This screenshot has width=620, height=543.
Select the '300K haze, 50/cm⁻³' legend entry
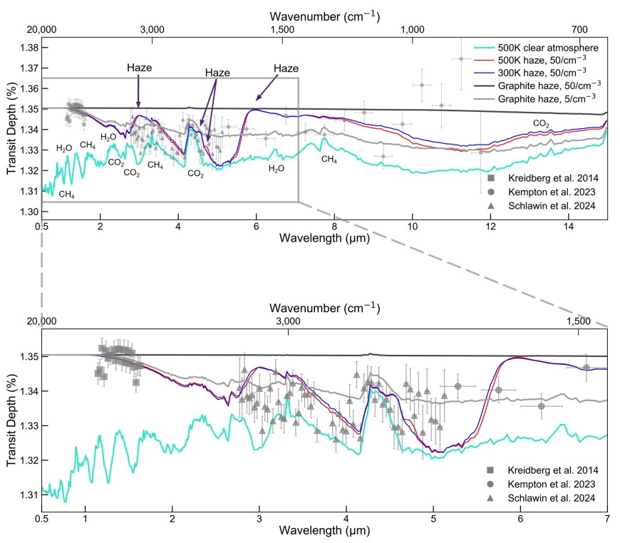click(x=543, y=72)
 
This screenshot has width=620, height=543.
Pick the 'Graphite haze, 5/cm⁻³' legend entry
click(x=547, y=98)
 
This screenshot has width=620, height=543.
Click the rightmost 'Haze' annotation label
click(x=286, y=68)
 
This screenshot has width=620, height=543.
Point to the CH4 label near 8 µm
click(x=329, y=160)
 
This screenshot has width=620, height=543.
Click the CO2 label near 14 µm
click(x=541, y=123)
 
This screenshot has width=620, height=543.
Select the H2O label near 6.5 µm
click(x=277, y=169)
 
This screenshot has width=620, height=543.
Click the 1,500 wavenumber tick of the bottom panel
click(x=577, y=321)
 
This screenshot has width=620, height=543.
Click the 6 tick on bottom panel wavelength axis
click(x=520, y=519)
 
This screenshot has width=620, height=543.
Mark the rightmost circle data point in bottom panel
click(x=586, y=367)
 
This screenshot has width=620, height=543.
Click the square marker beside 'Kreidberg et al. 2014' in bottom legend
click(x=490, y=470)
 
